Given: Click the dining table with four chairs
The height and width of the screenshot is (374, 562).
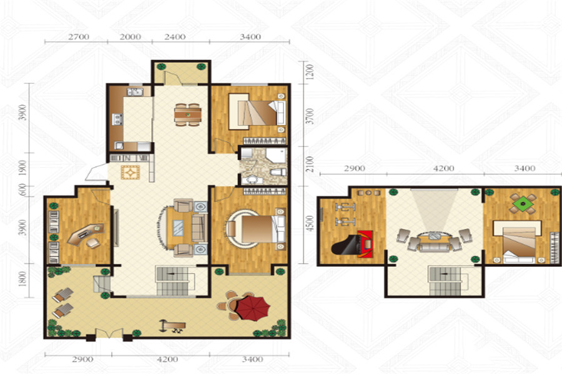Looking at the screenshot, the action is point(188,115).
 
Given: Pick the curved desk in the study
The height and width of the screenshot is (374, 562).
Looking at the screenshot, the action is point(85,234).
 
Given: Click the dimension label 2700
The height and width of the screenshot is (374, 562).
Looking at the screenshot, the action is point(79,37).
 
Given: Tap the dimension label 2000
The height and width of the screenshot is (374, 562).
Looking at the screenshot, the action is point(130,37).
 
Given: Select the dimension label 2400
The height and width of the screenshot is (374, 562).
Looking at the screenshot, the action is point(175,37).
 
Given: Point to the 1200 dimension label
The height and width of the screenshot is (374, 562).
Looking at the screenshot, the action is point(310,72).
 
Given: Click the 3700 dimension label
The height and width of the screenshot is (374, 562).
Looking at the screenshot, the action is point(310,116).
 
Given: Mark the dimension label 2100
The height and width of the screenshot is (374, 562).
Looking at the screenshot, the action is point(310,164).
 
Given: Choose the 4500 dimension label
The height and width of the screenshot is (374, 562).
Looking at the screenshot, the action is point(310,223).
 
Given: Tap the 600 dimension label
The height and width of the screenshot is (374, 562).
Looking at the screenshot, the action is point(23,189).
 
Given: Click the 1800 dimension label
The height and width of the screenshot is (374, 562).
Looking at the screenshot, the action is point(23,279).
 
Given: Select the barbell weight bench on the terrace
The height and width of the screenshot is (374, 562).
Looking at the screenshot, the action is point(173,326).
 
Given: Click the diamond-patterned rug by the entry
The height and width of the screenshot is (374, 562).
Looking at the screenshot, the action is point(130,172).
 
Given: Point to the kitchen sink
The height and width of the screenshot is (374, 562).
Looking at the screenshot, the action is point(135,92).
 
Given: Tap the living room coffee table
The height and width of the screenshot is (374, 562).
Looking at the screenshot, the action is point(178,228).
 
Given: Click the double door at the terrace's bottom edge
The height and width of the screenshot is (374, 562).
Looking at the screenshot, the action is point(109,333).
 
